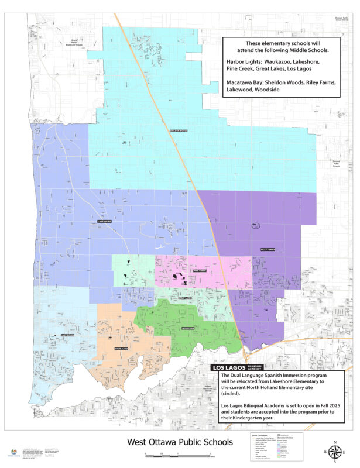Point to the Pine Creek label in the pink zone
click(x=200, y=271)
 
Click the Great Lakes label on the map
click(x=185, y=298)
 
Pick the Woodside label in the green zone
click(x=188, y=329)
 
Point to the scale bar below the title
click(x=179, y=454)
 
